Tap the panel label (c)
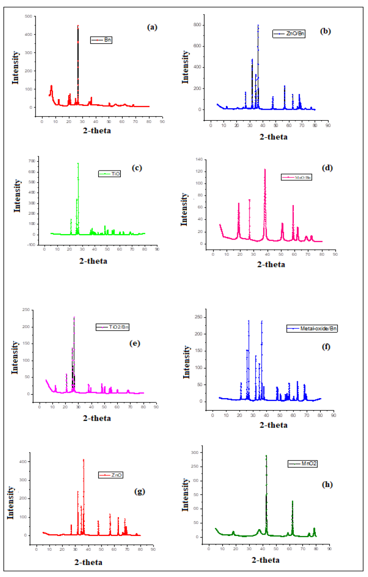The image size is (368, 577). click(137, 167)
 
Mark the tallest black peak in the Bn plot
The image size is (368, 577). click(78, 26)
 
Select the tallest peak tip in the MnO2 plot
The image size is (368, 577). click(266, 455)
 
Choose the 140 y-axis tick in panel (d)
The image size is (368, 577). click(202, 159)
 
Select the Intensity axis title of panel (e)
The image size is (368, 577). click(15, 355)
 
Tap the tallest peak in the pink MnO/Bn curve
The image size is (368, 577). click(265, 169)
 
